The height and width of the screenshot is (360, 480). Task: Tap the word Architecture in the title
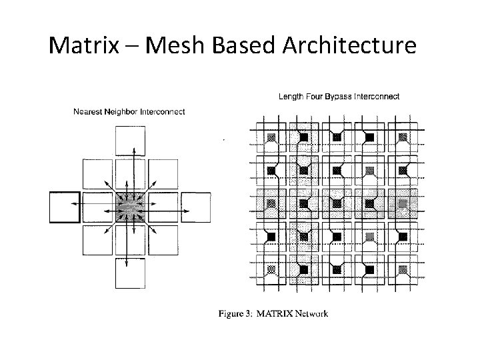click(x=349, y=46)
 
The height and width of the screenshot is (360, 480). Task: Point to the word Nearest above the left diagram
click(x=89, y=111)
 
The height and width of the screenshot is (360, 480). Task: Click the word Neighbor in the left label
click(x=126, y=111)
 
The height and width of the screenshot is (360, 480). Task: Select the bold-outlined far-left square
click(x=65, y=207)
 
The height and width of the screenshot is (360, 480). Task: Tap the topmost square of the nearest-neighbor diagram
click(x=131, y=141)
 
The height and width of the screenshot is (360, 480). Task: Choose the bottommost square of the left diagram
click(x=131, y=273)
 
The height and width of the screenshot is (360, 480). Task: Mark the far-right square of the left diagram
click(x=196, y=207)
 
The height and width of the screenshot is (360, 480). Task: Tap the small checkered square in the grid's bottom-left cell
click(x=271, y=270)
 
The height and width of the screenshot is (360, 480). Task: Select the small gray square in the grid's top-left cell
click(x=271, y=137)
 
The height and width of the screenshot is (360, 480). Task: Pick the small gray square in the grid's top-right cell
click(x=403, y=137)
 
